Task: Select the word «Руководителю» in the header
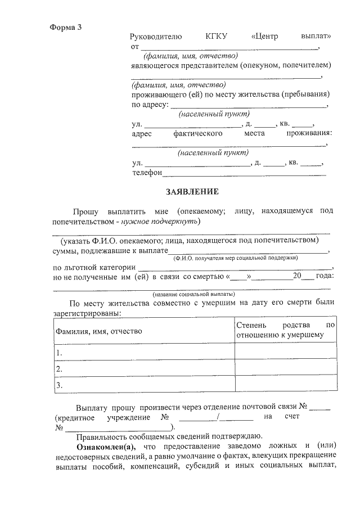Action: pos(156,37)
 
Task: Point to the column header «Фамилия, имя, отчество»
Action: pos(98,331)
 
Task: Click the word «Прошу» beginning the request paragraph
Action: pos(85,211)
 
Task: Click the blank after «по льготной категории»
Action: pos(235,268)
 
